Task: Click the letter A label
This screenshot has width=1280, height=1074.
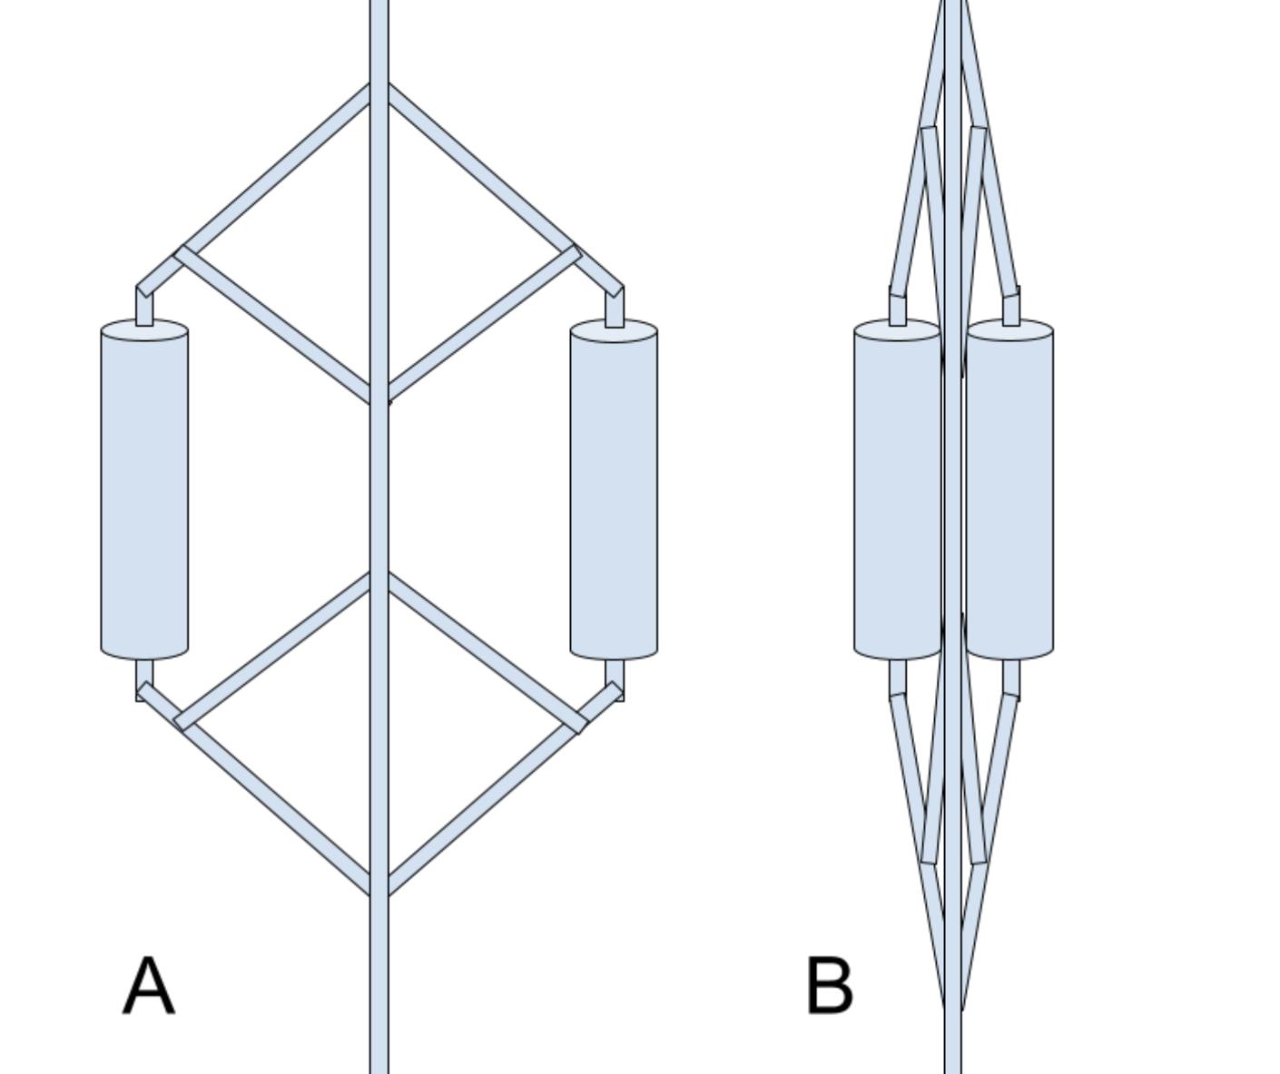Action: click(148, 986)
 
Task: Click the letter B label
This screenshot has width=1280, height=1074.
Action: click(829, 986)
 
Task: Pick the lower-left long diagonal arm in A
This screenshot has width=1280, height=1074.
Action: click(272, 803)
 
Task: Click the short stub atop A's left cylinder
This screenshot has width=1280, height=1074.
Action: click(144, 309)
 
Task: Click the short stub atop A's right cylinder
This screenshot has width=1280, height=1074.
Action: click(615, 309)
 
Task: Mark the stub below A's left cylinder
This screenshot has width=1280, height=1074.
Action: click(144, 675)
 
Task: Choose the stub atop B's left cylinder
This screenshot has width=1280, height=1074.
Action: click(897, 308)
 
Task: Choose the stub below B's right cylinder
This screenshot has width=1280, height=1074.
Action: click(1010, 676)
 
